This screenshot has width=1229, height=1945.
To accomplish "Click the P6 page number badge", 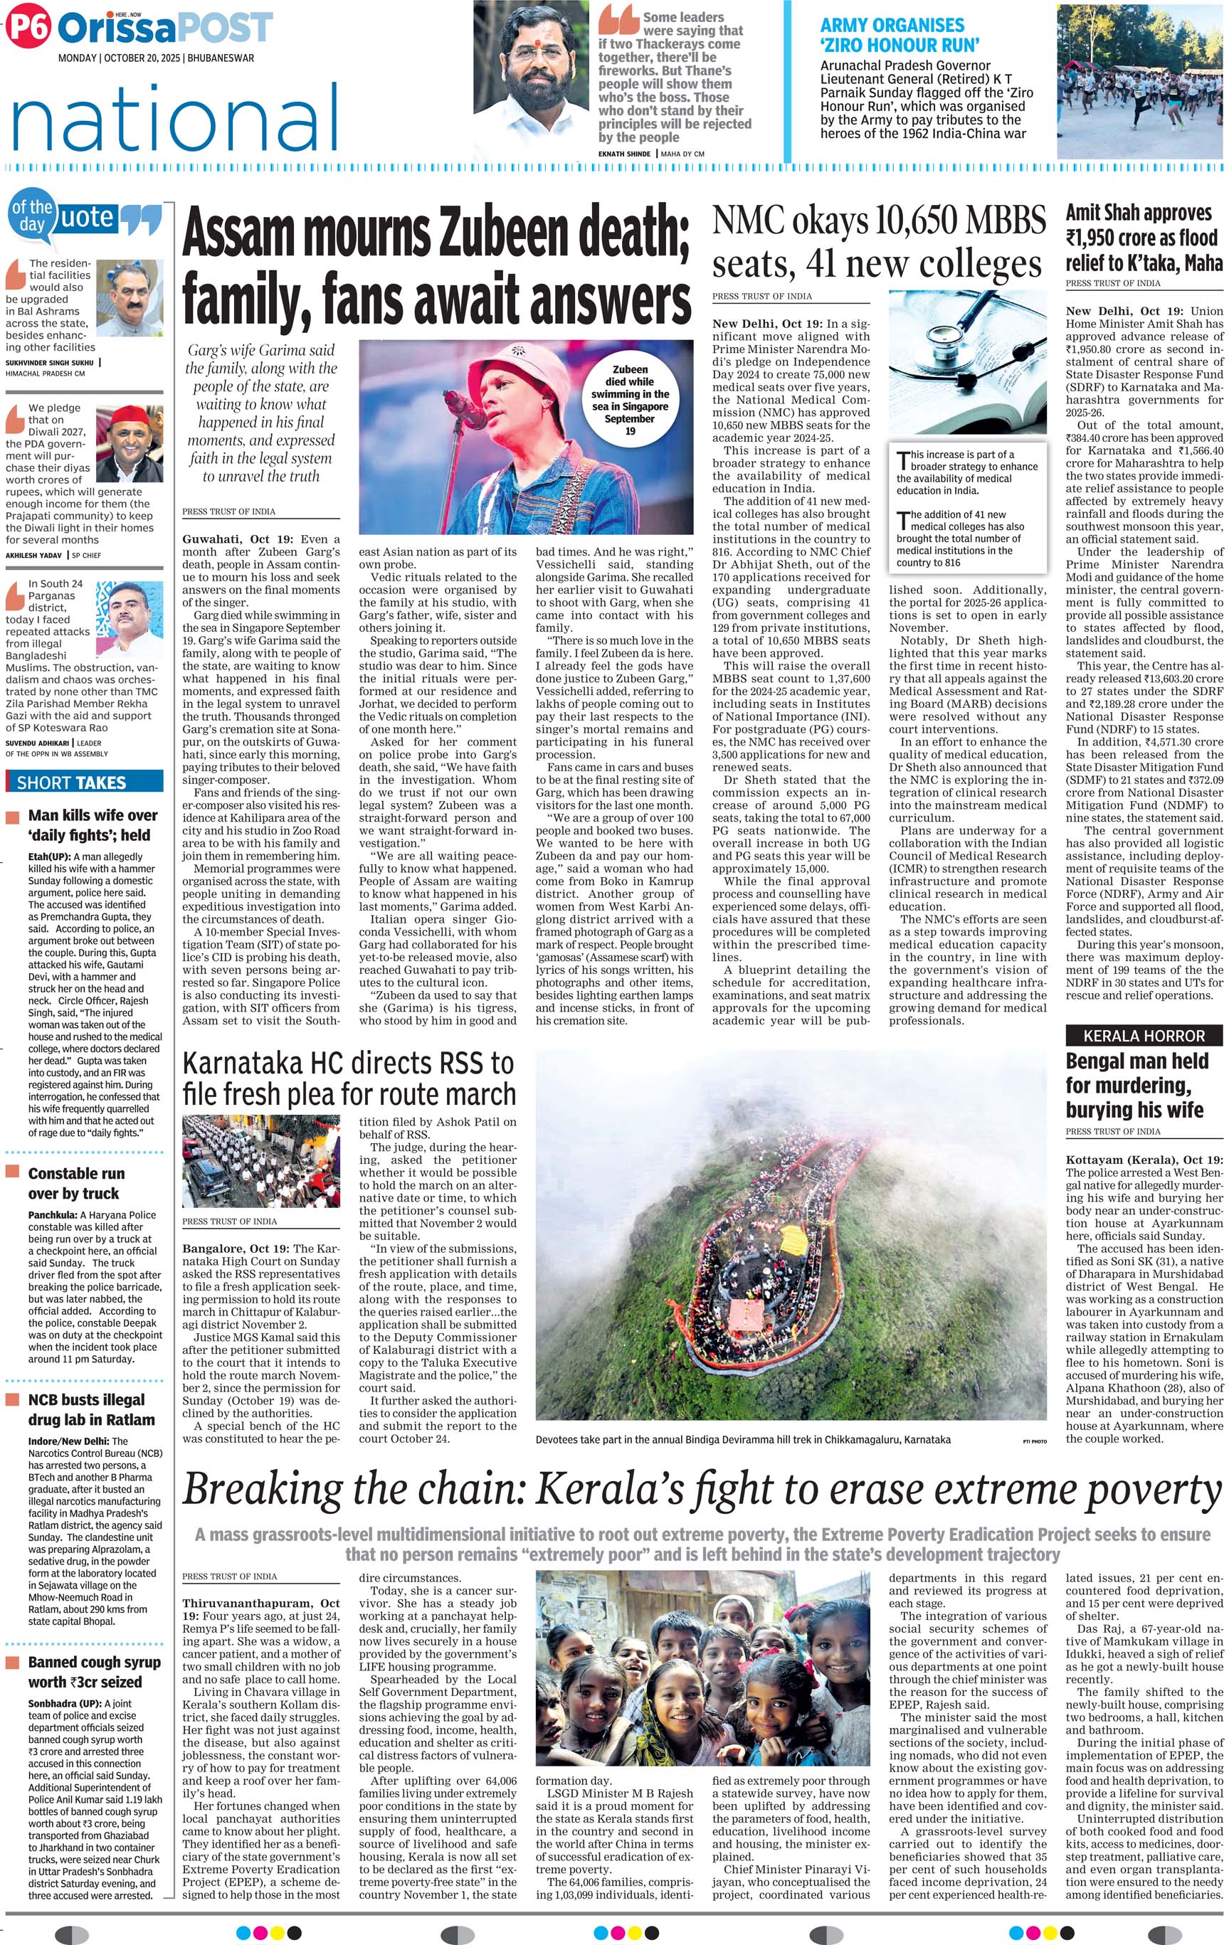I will (x=28, y=28).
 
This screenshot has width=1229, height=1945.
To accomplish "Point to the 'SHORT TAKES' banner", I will (x=72, y=782).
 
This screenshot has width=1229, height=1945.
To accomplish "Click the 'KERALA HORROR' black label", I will (x=1144, y=1036).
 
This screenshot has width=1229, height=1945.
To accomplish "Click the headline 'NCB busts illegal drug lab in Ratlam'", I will (x=85, y=1409).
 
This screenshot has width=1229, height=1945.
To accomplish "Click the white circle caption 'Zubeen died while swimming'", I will (x=631, y=400).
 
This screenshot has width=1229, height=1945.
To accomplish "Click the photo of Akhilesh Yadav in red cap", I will (x=130, y=444).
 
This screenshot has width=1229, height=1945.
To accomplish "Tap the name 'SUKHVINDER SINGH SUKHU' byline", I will (x=50, y=363).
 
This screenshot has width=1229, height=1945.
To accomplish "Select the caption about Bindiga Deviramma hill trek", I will (x=742, y=1438).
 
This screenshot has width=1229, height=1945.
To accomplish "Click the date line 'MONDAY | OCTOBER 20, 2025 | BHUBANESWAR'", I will (x=156, y=58).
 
